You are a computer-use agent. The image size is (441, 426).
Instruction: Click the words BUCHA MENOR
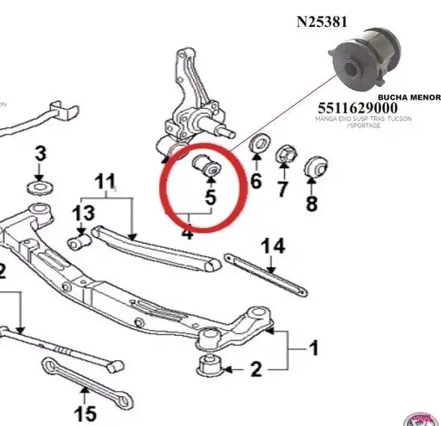pyautogui.click(x=408, y=97)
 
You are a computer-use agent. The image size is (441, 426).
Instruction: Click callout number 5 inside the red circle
pyautogui.click(x=210, y=199)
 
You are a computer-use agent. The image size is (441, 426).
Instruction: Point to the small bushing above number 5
pyautogui.click(x=207, y=166)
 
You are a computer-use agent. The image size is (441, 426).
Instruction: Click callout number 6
pyautogui.click(x=255, y=181)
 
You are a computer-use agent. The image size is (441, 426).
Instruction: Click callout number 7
pyautogui.click(x=282, y=189)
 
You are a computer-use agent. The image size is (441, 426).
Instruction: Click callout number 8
pyautogui.click(x=311, y=202)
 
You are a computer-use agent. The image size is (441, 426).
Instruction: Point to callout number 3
pyautogui.click(x=40, y=154)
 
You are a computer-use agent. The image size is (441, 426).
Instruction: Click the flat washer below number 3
pyautogui.click(x=37, y=185)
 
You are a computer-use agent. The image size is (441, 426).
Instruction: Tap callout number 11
pyautogui.click(x=104, y=181)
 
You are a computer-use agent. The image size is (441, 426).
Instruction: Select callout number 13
pyautogui.click(x=83, y=214)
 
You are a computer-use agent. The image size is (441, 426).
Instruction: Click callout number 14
pyautogui.click(x=275, y=246)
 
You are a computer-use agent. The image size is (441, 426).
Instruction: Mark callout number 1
pyautogui.click(x=313, y=348)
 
